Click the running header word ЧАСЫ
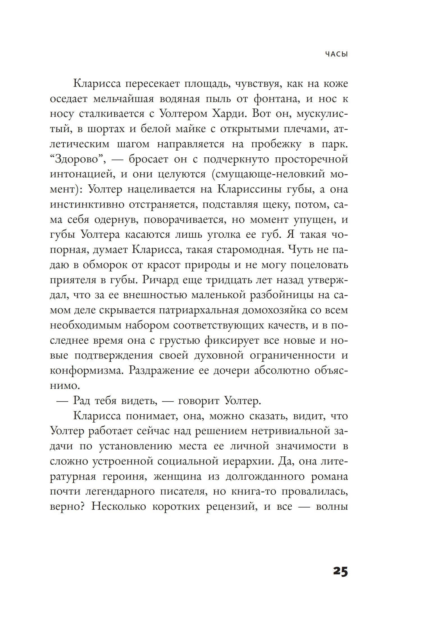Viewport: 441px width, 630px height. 336,54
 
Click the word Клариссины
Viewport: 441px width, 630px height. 249,189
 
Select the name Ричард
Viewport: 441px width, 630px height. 160,280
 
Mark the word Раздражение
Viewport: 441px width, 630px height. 161,371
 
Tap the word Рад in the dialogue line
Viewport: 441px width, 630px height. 81,401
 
